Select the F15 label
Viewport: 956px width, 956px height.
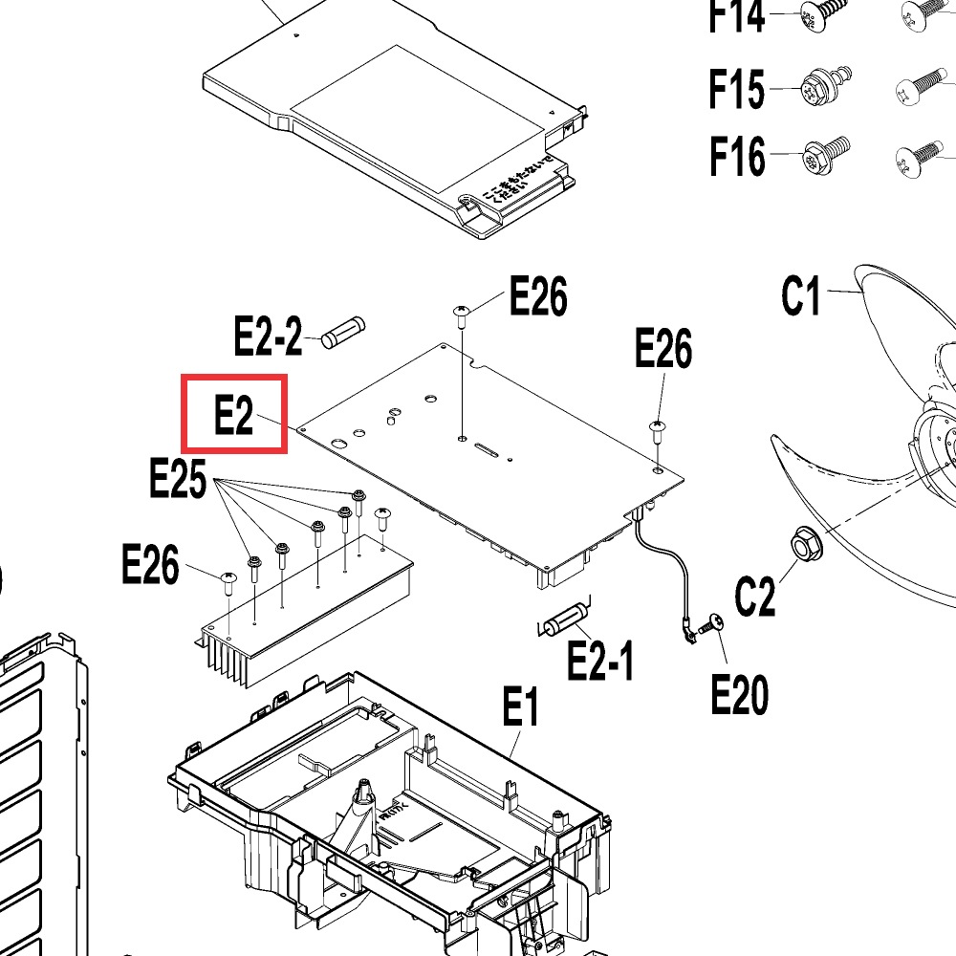pos(736,90)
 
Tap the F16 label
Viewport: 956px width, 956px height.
pos(737,156)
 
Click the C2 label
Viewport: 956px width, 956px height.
pos(755,597)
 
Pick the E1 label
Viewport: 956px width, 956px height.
pos(521,709)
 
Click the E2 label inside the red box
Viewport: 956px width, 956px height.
pos(233,415)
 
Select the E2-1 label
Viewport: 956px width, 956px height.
pos(599,660)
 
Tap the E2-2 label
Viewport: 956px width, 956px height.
pos(268,337)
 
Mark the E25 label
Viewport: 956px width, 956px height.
pos(178,478)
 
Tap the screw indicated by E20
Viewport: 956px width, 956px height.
pos(712,623)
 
